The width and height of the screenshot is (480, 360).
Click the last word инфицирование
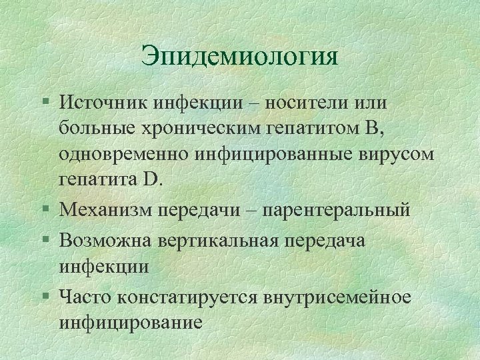(x=130, y=323)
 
